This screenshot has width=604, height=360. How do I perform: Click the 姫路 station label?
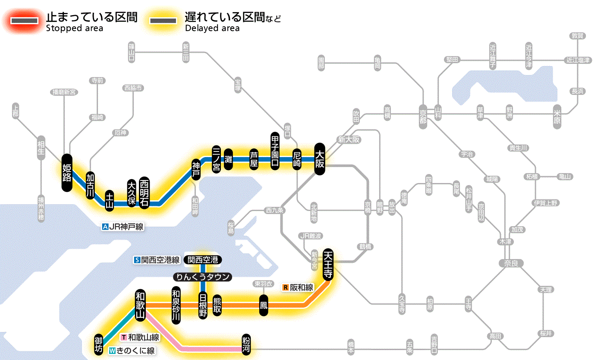click(67, 173)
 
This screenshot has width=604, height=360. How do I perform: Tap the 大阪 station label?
click(319, 159)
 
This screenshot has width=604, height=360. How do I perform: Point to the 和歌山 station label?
click(140, 304)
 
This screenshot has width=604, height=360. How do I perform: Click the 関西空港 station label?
click(202, 260)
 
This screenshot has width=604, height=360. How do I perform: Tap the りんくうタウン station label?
click(202, 277)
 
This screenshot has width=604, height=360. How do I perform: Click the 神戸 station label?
click(196, 170)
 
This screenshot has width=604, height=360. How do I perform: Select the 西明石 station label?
click(144, 192)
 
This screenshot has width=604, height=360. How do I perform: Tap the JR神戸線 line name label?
click(123, 227)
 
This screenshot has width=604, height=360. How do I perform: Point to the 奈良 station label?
click(511, 263)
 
